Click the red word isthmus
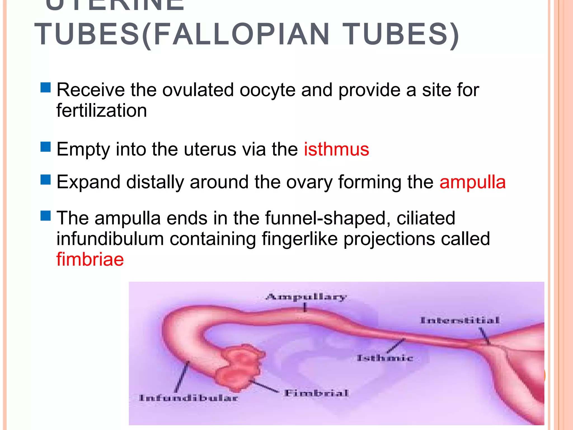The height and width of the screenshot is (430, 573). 336,149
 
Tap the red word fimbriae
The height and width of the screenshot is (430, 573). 90,259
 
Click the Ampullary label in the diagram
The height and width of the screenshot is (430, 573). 306,297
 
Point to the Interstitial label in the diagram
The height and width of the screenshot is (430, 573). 460,320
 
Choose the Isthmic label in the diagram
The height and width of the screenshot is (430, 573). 385,358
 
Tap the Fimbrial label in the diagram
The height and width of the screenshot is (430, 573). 316,393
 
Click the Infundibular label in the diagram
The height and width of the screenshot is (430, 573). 189,398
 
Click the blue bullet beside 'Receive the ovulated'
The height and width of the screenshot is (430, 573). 46,87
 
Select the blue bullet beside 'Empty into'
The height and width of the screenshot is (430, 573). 46,147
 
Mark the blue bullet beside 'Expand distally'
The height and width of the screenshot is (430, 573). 46,180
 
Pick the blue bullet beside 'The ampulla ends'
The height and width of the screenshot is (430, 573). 46,216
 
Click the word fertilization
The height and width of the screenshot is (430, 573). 102,111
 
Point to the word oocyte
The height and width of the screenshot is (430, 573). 267,90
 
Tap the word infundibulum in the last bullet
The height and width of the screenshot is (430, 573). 110,239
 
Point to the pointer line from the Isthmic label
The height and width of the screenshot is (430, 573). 396,346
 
